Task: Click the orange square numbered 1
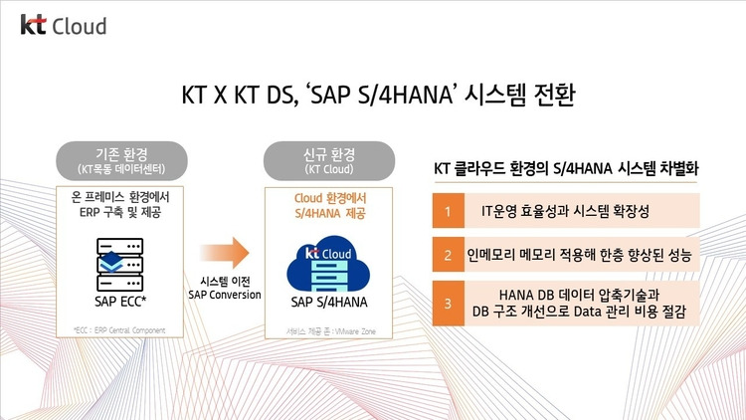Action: (449, 211)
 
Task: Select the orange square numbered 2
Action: (449, 255)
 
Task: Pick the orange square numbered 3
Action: (449, 304)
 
